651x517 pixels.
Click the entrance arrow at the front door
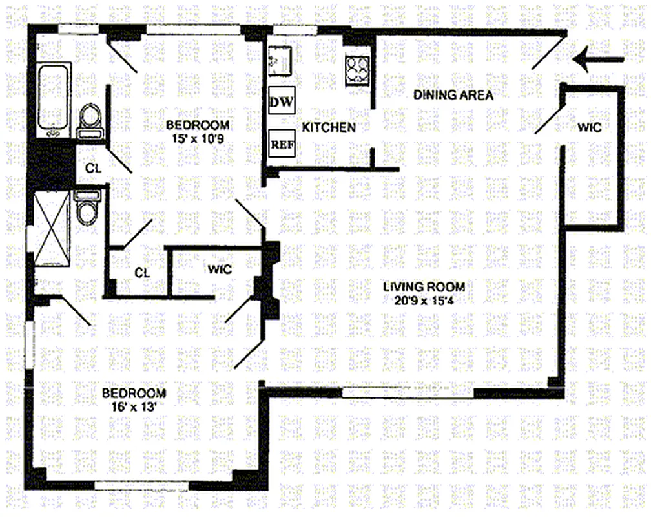[598, 61]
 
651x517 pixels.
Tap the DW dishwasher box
[282, 101]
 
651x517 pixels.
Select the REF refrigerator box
[282, 144]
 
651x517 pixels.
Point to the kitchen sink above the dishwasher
[281, 60]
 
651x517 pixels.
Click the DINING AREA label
[453, 96]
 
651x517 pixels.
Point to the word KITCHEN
[329, 127]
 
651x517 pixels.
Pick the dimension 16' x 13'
[134, 406]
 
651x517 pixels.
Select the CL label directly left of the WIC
[142, 273]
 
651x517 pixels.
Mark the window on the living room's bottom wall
[408, 392]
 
